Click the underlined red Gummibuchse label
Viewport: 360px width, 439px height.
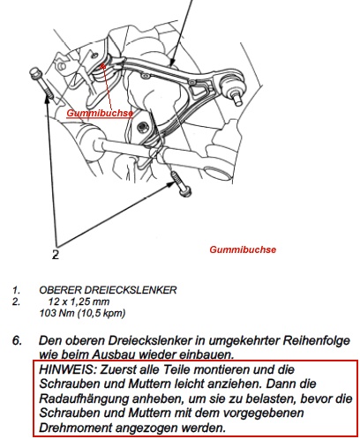coord(100,113)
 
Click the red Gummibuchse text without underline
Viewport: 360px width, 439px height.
coord(243,249)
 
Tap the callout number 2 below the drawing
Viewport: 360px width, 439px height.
coord(56,255)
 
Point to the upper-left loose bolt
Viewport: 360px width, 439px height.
coord(41,83)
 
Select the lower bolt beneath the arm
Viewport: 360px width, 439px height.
coord(181,184)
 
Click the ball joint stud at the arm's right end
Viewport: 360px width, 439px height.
coord(237,100)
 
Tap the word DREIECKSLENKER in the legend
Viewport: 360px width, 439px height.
coord(131,290)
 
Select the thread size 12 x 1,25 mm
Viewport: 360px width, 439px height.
coord(79,301)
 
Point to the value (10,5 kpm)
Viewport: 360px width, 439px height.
coord(101,314)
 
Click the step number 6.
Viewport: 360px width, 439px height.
coord(17,340)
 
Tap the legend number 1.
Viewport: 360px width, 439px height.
coord(16,290)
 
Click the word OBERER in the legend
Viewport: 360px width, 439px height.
coord(60,290)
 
